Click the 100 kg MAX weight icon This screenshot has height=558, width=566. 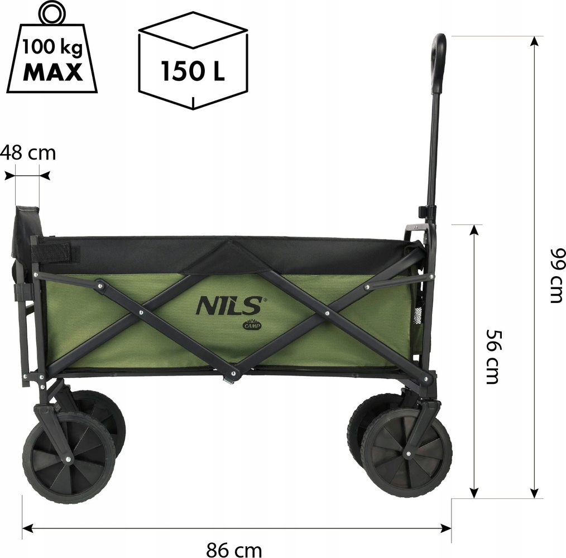click(x=52, y=51)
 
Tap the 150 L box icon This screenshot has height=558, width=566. click(x=193, y=60)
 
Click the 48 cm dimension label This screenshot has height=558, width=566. click(x=28, y=153)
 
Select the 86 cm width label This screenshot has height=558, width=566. click(x=234, y=550)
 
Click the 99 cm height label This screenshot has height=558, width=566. click(x=557, y=276)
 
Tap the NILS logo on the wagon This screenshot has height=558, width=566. click(x=229, y=305)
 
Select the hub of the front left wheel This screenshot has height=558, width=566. click(x=68, y=459)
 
